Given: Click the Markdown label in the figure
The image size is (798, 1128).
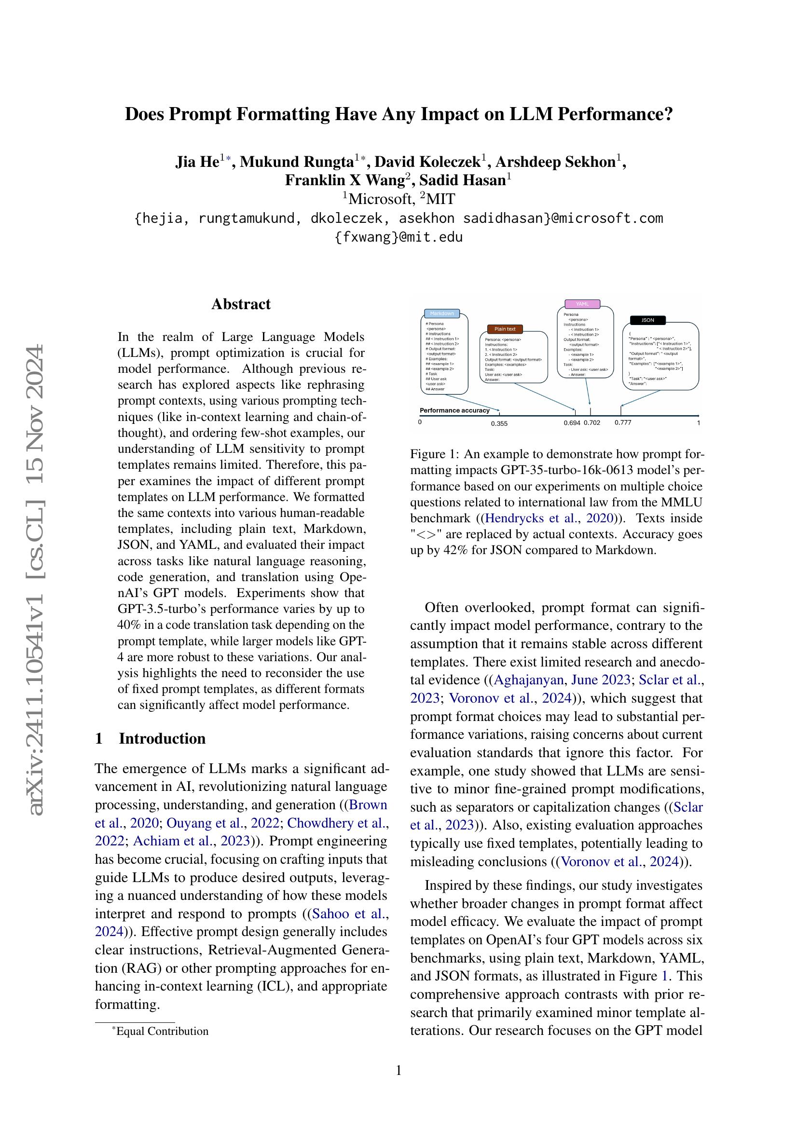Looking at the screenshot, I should [441, 313].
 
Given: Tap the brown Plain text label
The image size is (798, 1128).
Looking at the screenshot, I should [505, 329].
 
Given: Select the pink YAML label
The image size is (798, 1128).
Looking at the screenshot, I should [582, 304].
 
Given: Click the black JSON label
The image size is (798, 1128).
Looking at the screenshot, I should [647, 320].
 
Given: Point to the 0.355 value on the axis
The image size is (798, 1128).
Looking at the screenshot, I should [499, 423].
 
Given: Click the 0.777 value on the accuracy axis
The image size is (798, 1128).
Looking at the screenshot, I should [622, 422].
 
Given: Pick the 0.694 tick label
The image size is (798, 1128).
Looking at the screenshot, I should [572, 422].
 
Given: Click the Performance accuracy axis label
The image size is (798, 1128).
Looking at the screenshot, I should [454, 410].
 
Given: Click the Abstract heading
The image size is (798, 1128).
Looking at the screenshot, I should [241, 304].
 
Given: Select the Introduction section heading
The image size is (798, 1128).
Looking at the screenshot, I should [162, 739].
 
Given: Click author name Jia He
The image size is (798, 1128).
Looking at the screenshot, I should [197, 162].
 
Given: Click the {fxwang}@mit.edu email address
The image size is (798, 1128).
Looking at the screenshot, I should [399, 238].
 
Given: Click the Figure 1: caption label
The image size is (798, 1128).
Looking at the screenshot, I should [434, 453].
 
